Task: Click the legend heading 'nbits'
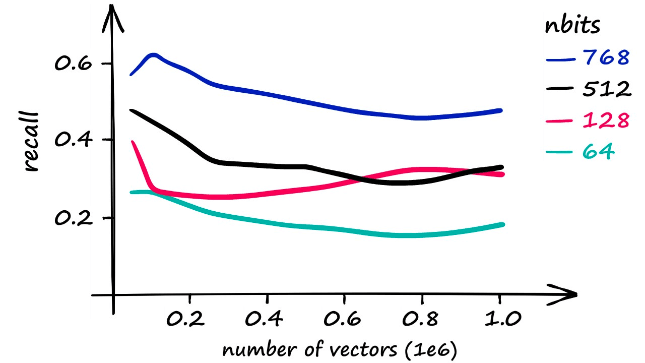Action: coord(572,25)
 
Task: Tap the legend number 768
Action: coord(606,58)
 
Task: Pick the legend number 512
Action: coord(607,89)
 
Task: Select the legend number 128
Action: coord(606,120)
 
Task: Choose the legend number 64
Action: coord(598,150)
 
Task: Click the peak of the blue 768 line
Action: coord(153,54)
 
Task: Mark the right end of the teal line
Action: coord(502,224)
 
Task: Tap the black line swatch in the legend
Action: coord(560,89)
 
